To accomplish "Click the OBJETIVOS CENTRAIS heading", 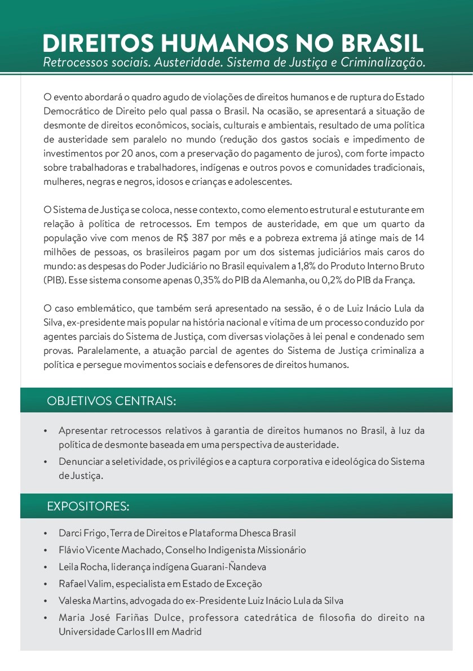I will (x=112, y=401).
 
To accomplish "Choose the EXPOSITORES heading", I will (x=88, y=506).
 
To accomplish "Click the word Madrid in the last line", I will (x=187, y=631).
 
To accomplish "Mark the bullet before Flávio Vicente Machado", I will (x=46, y=550).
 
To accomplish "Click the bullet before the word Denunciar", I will (x=46, y=462).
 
